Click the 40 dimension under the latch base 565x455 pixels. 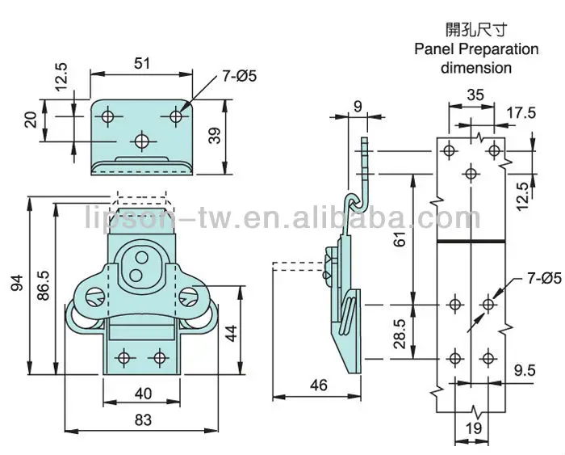click(x=141, y=394)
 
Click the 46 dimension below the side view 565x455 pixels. click(x=319, y=385)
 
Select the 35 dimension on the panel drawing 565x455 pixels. click(x=476, y=95)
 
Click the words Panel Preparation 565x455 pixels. click(x=476, y=49)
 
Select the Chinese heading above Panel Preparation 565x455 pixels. click(x=475, y=30)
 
